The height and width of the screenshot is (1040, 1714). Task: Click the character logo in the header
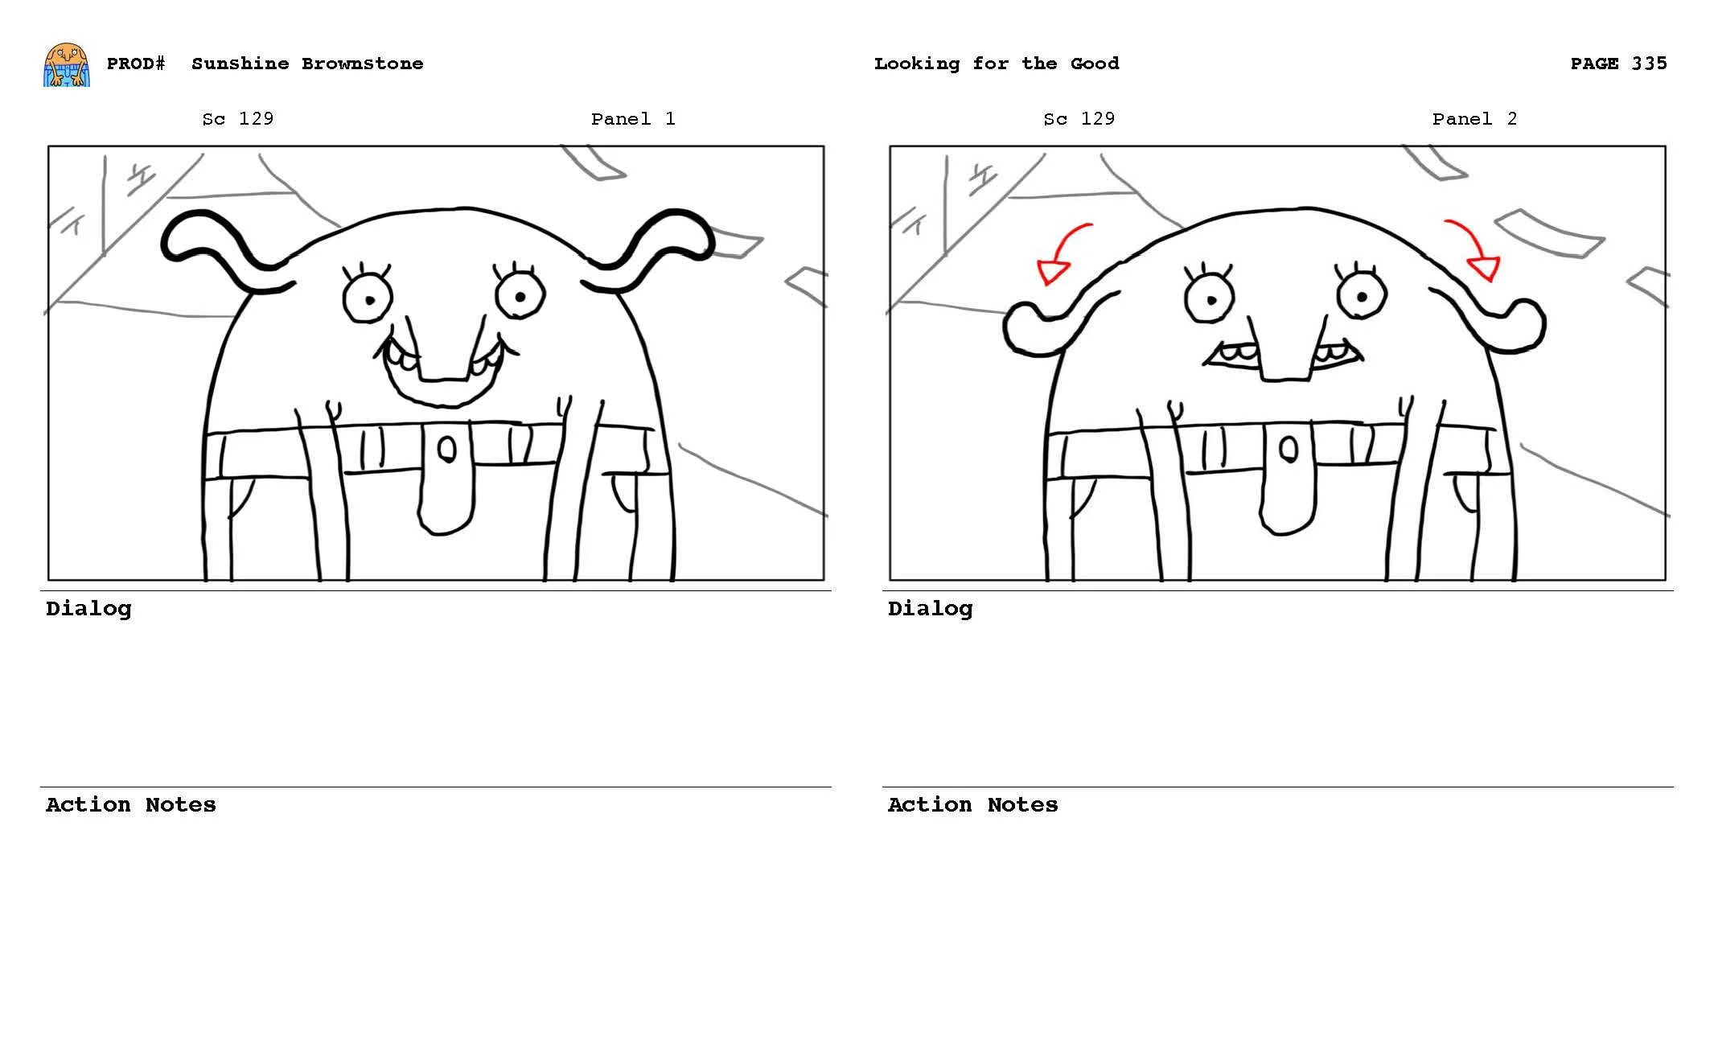[x=66, y=65]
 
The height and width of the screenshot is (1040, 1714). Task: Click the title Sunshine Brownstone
[x=306, y=64]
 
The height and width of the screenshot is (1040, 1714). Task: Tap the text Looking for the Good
[x=996, y=64]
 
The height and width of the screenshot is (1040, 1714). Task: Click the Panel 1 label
[x=632, y=119]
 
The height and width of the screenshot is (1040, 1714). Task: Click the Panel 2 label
[x=1474, y=119]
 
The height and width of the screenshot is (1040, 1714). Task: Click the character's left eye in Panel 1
[x=368, y=298]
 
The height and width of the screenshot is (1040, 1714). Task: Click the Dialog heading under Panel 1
[x=88, y=609]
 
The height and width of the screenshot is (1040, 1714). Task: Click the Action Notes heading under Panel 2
[x=972, y=805]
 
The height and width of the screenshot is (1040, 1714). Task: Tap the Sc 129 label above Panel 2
[x=1078, y=119]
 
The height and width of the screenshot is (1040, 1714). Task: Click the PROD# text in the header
[x=136, y=64]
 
